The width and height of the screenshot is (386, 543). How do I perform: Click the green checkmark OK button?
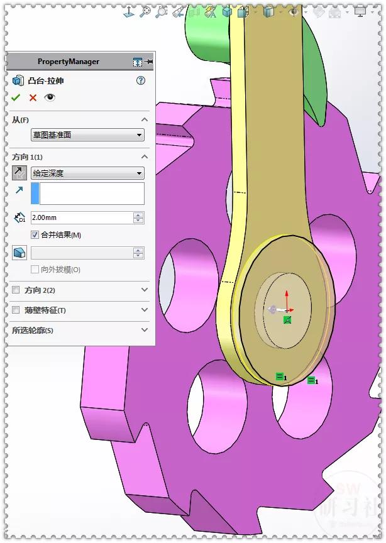[16, 97]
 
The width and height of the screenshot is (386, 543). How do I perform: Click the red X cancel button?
[33, 97]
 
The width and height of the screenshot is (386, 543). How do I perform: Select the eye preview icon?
[50, 97]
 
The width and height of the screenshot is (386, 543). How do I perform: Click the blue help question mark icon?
[141, 80]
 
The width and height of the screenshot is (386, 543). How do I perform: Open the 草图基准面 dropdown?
[87, 135]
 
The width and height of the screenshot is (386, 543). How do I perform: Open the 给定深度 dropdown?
[87, 173]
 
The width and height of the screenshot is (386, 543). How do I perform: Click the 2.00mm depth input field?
[82, 217]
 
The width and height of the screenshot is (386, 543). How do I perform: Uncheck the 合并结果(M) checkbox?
[35, 235]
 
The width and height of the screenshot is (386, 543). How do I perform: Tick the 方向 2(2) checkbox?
[16, 290]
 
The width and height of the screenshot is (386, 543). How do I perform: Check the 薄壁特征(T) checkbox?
[16, 310]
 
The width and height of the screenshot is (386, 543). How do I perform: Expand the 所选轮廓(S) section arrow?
[145, 330]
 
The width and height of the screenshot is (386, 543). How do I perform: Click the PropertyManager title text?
[69, 62]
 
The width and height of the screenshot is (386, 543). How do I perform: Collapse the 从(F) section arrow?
[145, 119]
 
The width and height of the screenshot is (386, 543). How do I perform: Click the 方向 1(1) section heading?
[28, 157]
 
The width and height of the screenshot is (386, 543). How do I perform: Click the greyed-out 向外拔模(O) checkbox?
[35, 270]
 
